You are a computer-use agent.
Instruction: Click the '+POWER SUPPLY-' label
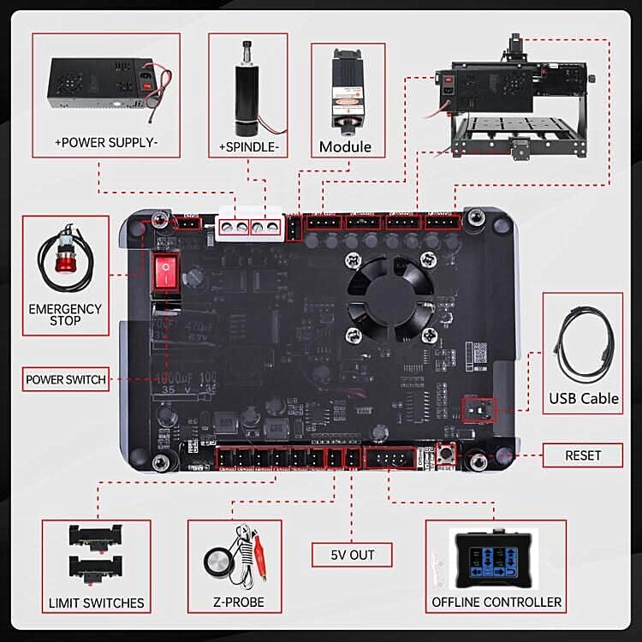pyautogui.click(x=106, y=143)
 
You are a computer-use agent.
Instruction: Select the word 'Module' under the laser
pyautogui.click(x=345, y=146)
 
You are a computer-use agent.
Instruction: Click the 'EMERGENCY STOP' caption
pyautogui.click(x=65, y=314)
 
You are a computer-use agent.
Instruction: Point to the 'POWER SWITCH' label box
pyautogui.click(x=66, y=379)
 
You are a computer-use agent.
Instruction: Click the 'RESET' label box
pyautogui.click(x=583, y=455)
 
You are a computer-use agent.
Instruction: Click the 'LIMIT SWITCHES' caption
pyautogui.click(x=97, y=603)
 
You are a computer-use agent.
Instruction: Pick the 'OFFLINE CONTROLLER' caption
pyautogui.click(x=497, y=603)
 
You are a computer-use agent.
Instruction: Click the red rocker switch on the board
pyautogui.click(x=163, y=272)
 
